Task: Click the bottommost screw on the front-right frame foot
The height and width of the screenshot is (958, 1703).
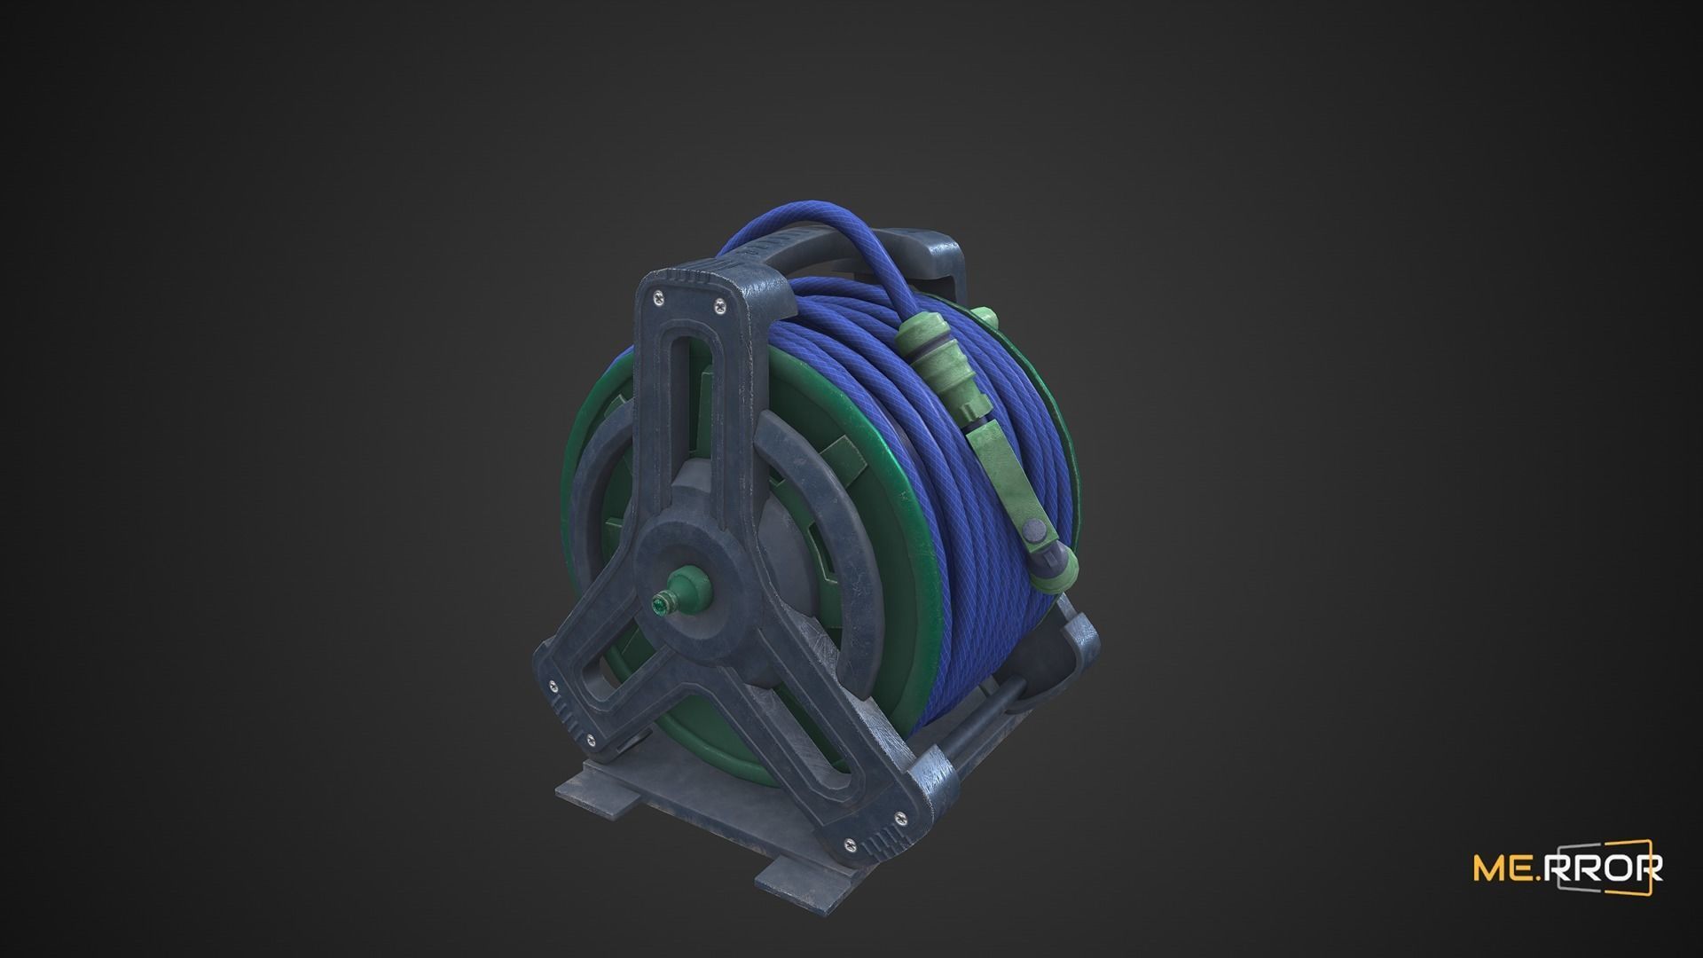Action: [851, 844]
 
